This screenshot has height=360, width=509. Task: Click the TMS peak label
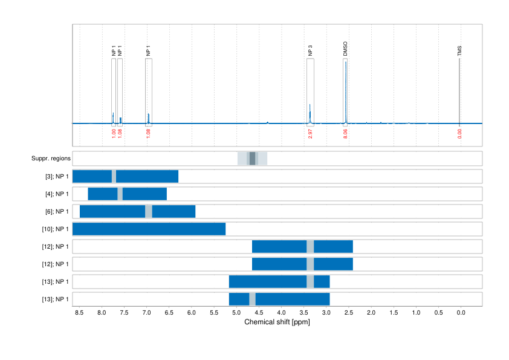pos(459,51)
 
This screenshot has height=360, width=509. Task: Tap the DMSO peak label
pos(345,49)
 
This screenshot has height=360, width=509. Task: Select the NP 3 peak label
pos(310,50)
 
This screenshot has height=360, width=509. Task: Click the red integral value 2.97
pos(310,134)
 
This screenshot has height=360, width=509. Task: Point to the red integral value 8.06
pos(345,134)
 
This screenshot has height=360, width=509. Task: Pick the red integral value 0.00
pos(459,134)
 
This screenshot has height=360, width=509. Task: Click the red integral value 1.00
pos(114,134)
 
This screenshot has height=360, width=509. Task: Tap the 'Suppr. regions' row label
pos(51,159)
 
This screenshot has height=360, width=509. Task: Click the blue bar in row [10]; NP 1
pos(149,229)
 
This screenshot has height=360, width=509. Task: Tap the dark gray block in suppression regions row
pos(253,159)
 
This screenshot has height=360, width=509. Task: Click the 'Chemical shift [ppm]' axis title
pos(277,322)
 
